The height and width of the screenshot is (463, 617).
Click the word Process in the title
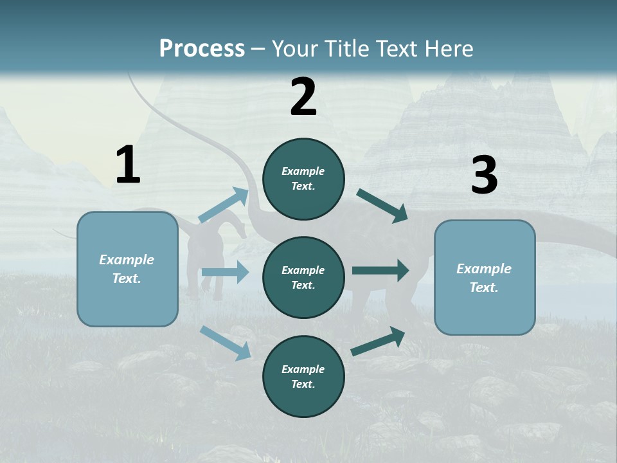tap(202, 49)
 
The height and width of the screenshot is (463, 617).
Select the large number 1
tap(128, 165)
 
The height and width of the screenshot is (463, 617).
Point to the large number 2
tap(303, 97)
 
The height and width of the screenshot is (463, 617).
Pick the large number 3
tap(484, 176)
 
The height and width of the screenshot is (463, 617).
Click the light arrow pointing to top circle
tap(224, 205)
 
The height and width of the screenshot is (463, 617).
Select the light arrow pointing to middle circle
tap(225, 272)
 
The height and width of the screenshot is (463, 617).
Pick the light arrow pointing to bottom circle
tap(225, 342)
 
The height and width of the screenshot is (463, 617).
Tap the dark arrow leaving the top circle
tap(382, 206)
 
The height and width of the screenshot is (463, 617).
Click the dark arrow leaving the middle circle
tap(380, 270)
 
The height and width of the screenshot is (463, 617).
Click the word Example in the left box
tap(127, 260)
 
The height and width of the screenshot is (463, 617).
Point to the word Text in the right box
tap(483, 287)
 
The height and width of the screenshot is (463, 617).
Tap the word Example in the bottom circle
tap(303, 369)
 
